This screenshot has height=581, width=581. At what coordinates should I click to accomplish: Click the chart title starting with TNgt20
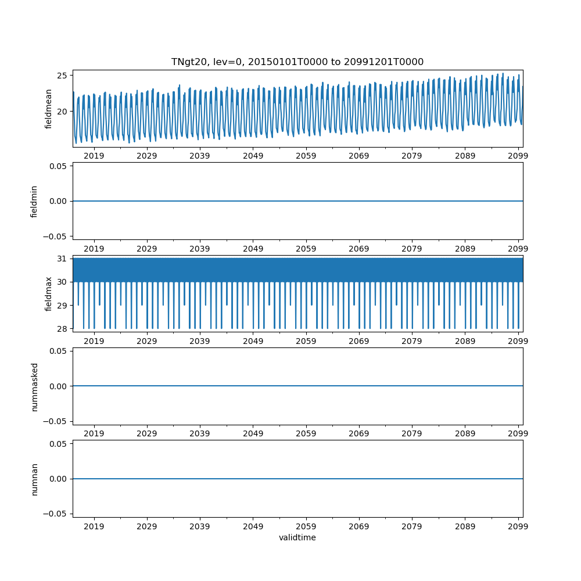297,62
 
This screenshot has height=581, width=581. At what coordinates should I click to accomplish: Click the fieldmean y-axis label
49,109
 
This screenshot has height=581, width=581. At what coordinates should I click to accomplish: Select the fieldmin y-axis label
34,201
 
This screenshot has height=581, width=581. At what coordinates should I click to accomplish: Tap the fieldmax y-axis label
49,293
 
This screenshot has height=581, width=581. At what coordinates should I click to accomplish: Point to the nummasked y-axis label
34,386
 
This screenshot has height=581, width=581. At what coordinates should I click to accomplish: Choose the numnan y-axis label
34,479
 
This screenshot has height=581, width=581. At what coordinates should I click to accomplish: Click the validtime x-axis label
297,537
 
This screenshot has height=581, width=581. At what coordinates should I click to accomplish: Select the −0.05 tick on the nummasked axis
56,421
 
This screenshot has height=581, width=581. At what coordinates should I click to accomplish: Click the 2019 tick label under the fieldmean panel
94,156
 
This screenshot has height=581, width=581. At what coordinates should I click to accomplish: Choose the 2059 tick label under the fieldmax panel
306,342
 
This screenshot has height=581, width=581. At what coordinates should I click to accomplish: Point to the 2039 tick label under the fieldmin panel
200,249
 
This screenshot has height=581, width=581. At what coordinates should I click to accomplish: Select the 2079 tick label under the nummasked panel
412,434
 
